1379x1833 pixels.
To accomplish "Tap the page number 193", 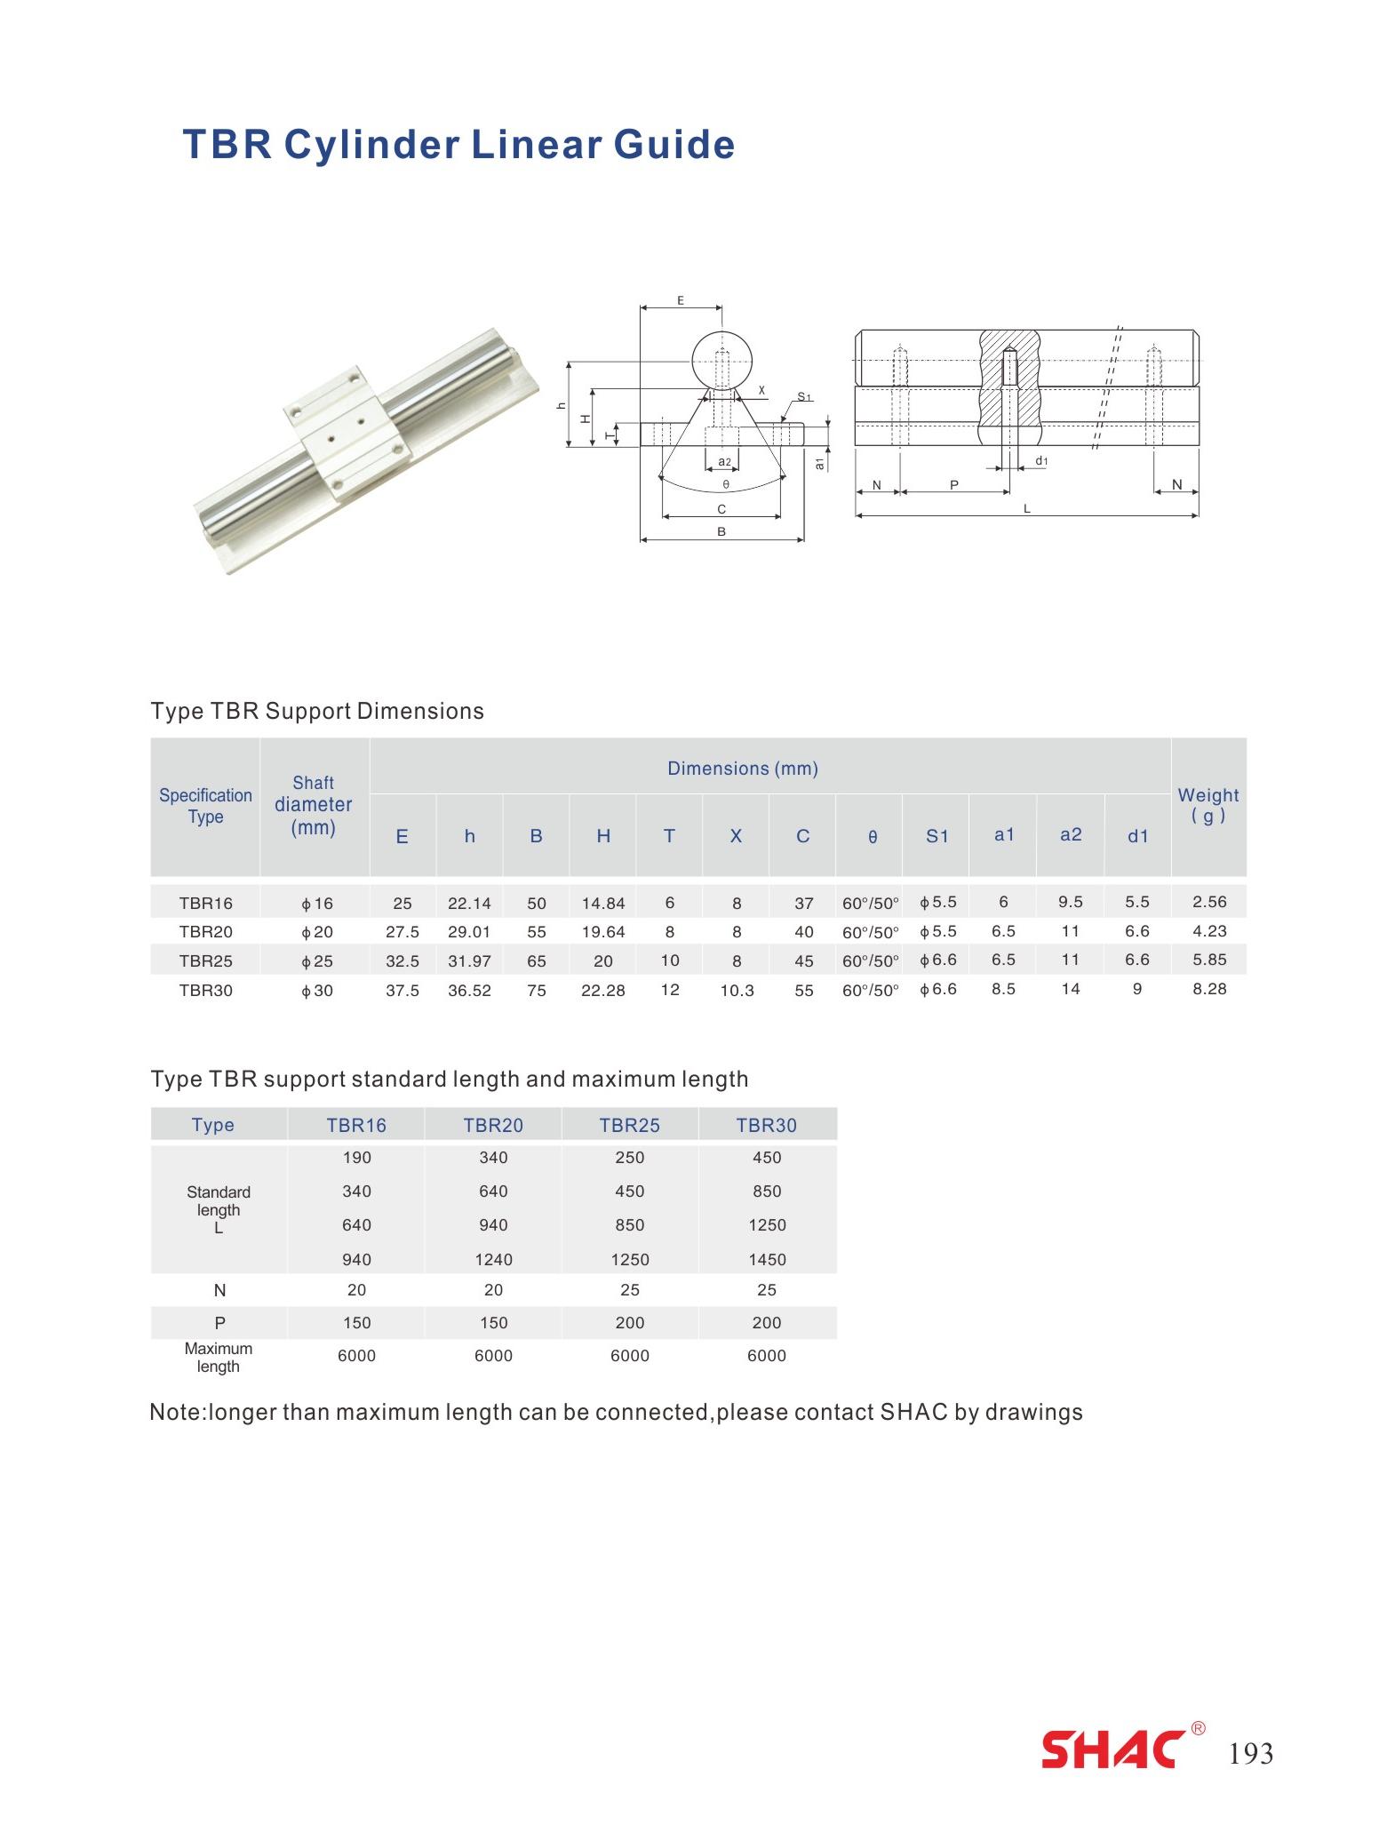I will pyautogui.click(x=1250, y=1754).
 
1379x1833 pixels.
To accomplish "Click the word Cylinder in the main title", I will pyautogui.click(x=376, y=145).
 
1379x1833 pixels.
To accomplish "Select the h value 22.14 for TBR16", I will pyautogui.click(x=469, y=904).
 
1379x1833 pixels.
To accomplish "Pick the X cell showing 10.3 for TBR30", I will pyautogui.click(x=737, y=990).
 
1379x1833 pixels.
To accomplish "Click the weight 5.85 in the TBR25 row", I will pyautogui.click(x=1208, y=960).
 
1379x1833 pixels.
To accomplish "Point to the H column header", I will pyautogui.click(x=603, y=836).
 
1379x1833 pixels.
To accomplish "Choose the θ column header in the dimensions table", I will pyautogui.click(x=872, y=837).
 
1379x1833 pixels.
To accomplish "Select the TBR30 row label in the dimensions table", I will pyautogui.click(x=205, y=990).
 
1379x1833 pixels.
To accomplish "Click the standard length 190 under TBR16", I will pyautogui.click(x=356, y=1158).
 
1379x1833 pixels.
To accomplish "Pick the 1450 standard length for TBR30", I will pyautogui.click(x=767, y=1259).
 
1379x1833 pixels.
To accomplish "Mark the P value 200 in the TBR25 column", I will pyautogui.click(x=630, y=1323).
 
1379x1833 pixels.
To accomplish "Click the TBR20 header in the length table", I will pyautogui.click(x=493, y=1125).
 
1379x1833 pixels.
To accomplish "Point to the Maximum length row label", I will pyautogui.click(x=219, y=1357).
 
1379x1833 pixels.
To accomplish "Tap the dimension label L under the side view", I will pyautogui.click(x=1027, y=509).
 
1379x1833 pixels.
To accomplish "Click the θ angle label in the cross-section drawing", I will pyautogui.click(x=725, y=485).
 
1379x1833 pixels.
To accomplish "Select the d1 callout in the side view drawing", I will pyautogui.click(x=1041, y=461).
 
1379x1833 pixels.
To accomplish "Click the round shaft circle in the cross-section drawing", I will pyautogui.click(x=723, y=361).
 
